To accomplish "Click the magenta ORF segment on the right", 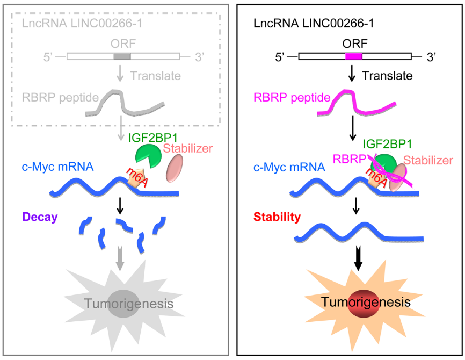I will point(354,56).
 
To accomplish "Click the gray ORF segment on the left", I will point(122,56).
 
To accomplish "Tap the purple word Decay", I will point(40,217).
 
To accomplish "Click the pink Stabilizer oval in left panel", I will point(175,168).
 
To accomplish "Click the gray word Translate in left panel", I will point(155,76).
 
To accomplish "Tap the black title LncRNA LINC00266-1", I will point(307,23).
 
